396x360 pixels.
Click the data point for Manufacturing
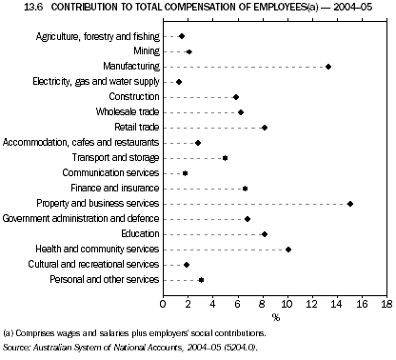(328, 67)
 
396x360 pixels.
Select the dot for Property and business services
(350, 204)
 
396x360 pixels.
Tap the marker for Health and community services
(288, 250)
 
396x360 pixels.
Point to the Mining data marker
(188, 51)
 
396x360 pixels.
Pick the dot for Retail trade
(265, 128)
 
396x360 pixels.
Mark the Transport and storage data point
(225, 158)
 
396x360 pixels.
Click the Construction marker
(236, 97)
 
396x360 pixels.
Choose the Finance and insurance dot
(245, 189)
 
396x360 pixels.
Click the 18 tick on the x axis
(386, 305)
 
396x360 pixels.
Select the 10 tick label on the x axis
(287, 305)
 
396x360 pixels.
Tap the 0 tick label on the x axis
(164, 305)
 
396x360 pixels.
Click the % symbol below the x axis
(275, 317)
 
